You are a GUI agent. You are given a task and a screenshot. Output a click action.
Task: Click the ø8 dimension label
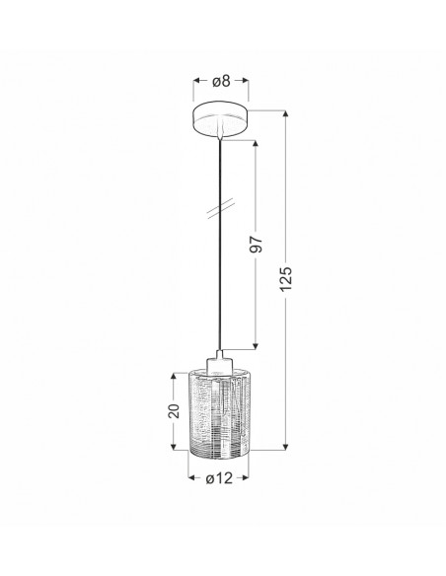tap(221, 81)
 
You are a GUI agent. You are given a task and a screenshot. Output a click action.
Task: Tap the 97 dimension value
tap(257, 245)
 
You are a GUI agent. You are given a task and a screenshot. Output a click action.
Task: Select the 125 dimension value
tap(286, 279)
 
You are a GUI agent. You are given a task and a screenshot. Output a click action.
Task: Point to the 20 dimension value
tap(174, 411)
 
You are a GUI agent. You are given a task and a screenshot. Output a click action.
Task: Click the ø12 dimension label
tap(219, 478)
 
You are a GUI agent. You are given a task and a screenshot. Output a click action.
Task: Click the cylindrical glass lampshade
tap(218, 412)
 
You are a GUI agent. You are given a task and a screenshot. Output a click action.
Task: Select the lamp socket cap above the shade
tap(219, 362)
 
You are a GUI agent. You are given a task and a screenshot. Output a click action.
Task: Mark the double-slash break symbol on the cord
tap(220, 209)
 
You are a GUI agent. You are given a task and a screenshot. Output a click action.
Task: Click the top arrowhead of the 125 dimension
tap(285, 113)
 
